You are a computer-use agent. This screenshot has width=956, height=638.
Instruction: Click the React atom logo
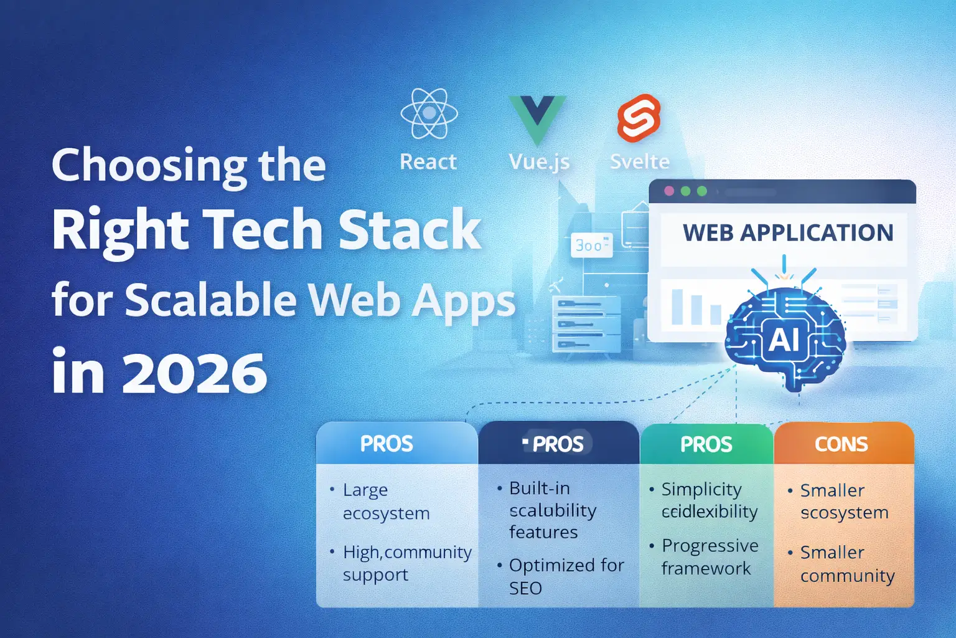429,113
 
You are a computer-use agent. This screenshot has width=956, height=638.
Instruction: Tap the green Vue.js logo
537,118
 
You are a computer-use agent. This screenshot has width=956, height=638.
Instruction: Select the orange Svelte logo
639,118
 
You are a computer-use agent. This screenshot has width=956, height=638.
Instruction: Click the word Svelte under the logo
639,162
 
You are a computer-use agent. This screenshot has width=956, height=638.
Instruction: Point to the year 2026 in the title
194,373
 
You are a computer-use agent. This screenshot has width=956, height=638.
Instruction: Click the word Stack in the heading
410,230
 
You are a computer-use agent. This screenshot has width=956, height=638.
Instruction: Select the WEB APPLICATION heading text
788,232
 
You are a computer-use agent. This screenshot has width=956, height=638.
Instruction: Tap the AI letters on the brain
784,340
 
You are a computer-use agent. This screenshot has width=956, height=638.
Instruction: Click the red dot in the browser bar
669,191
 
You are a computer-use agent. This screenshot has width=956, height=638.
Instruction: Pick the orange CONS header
841,444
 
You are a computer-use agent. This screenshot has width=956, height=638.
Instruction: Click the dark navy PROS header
558,444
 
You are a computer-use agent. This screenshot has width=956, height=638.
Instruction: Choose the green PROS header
706,444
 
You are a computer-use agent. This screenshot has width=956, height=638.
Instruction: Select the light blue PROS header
387,444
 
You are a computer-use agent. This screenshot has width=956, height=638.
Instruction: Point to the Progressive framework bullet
709,557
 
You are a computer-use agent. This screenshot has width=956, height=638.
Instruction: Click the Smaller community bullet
846,564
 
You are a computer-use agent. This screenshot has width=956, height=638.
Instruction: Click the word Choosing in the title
149,166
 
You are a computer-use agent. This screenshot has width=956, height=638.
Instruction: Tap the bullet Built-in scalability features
551,510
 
